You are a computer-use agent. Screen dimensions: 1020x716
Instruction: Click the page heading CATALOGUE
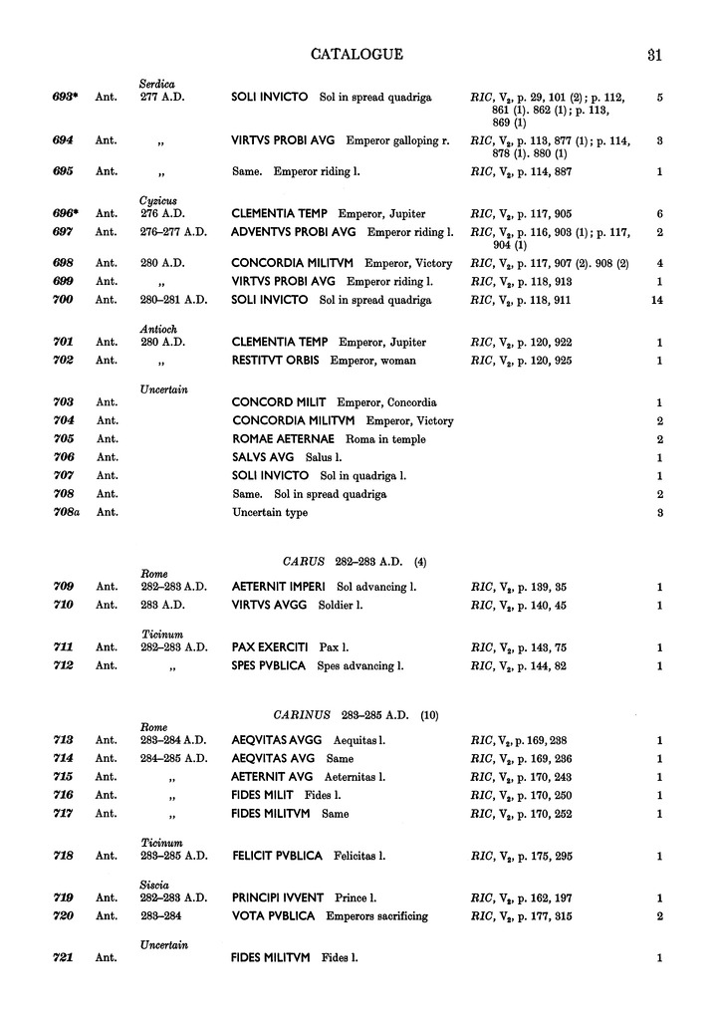(x=358, y=54)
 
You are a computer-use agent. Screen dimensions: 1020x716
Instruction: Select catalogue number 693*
(x=67, y=98)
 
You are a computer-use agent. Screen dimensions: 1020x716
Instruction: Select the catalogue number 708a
(x=66, y=513)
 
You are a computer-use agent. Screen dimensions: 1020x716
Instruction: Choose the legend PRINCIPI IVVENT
(x=278, y=897)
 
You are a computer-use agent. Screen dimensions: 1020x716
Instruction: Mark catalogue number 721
(x=66, y=958)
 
